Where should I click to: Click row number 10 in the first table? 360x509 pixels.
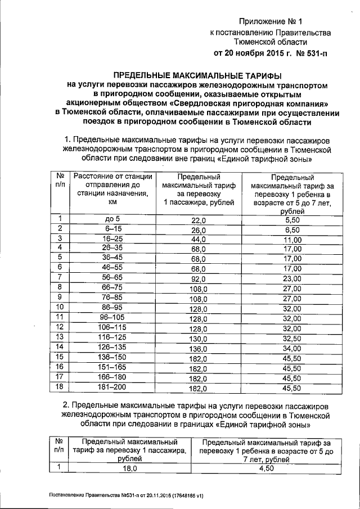[60, 308]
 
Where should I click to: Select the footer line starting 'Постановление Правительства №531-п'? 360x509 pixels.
[126, 496]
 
